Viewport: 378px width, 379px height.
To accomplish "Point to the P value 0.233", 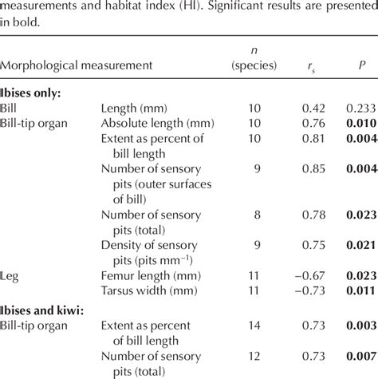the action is (x=361, y=108).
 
